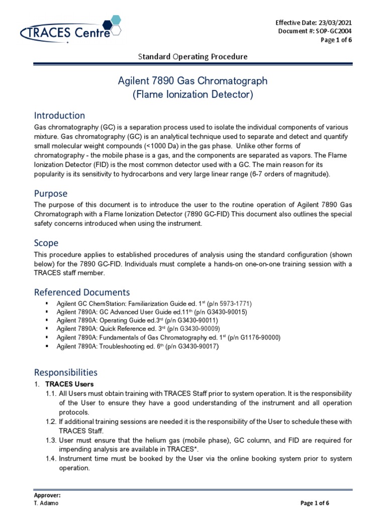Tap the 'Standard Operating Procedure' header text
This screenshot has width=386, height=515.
[x=192, y=56]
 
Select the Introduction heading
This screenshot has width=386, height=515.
[x=59, y=116]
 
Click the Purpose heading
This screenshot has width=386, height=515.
[x=50, y=194]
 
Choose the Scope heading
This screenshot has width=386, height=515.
[x=46, y=243]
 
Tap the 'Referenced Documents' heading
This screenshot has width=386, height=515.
[x=81, y=292]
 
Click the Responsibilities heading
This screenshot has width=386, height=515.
[x=65, y=372]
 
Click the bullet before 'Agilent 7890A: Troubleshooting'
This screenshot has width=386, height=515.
[x=46, y=346]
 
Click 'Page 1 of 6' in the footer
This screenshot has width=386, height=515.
[x=314, y=503]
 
